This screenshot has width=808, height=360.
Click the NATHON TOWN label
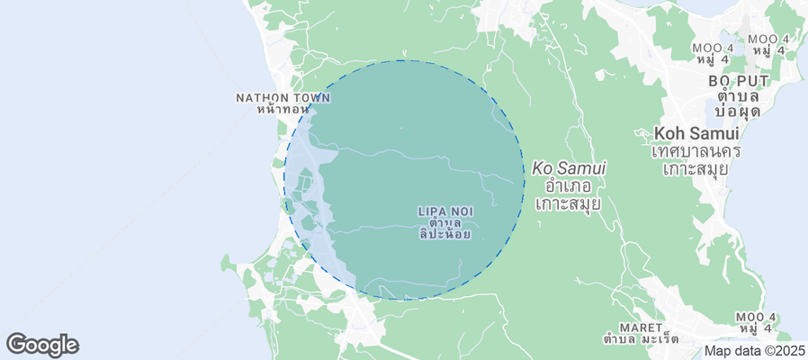274,97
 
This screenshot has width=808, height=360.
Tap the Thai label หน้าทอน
281,109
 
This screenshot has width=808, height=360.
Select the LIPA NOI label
445,211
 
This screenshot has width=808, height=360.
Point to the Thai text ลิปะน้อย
445,233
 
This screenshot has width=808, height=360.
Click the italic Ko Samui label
569,167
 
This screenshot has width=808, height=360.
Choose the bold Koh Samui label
697,133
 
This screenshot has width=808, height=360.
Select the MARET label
641,327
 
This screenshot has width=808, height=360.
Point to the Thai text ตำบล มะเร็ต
642,339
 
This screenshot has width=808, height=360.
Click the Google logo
42,344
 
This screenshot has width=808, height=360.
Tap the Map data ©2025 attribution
754,351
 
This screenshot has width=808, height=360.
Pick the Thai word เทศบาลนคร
696,150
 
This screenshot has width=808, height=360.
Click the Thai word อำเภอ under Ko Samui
568,185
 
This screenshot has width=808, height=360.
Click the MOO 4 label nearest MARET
756,317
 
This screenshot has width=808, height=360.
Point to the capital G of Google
15,344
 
